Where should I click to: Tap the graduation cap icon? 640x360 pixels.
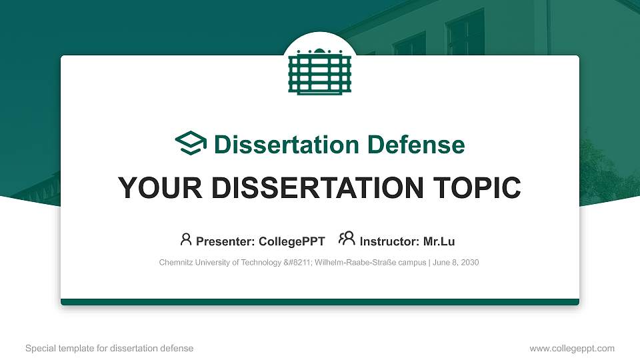[191, 144]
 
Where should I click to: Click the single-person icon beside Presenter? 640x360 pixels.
[186, 239]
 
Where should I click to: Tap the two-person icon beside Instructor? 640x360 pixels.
[347, 239]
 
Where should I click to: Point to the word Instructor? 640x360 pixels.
[389, 241]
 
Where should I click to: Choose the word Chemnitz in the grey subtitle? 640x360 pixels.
[175, 263]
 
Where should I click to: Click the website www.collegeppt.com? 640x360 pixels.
[571, 348]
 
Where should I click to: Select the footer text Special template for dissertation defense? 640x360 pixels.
[109, 348]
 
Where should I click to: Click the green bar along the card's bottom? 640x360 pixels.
[320, 302]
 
